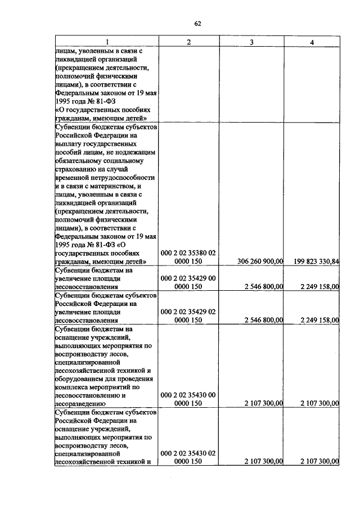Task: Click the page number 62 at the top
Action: point(197,23)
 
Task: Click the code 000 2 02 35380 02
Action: point(188,253)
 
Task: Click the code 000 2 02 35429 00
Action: point(188,278)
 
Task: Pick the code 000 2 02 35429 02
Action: point(188,311)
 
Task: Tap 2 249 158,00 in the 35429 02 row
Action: point(319,319)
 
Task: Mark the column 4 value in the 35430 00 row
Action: point(319,403)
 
